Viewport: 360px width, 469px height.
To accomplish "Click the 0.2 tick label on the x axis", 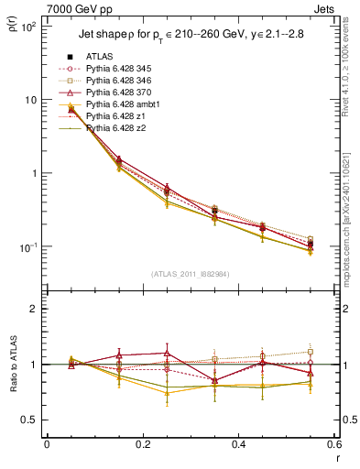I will (142, 445).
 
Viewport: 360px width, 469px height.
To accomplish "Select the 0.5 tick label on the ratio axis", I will (31, 420).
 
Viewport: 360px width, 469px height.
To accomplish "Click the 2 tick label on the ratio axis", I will (35, 309).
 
